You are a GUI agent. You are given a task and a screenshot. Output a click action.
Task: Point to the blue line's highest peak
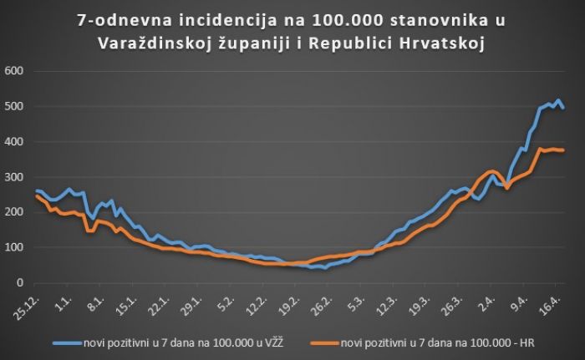[x=557, y=100]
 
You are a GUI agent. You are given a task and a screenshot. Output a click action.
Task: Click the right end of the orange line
[x=563, y=150]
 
